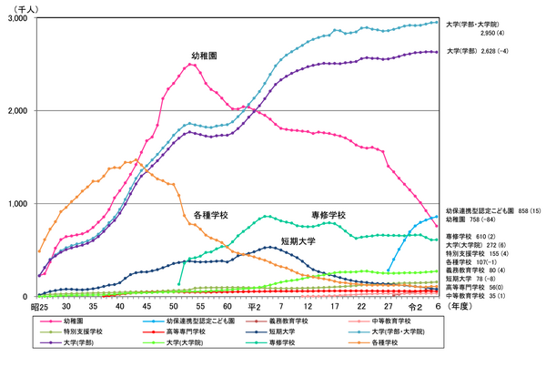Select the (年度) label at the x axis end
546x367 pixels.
(x=459, y=307)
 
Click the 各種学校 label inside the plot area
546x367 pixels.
(x=210, y=216)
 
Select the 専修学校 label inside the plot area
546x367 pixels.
(x=328, y=214)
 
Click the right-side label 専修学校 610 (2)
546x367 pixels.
(x=471, y=236)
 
